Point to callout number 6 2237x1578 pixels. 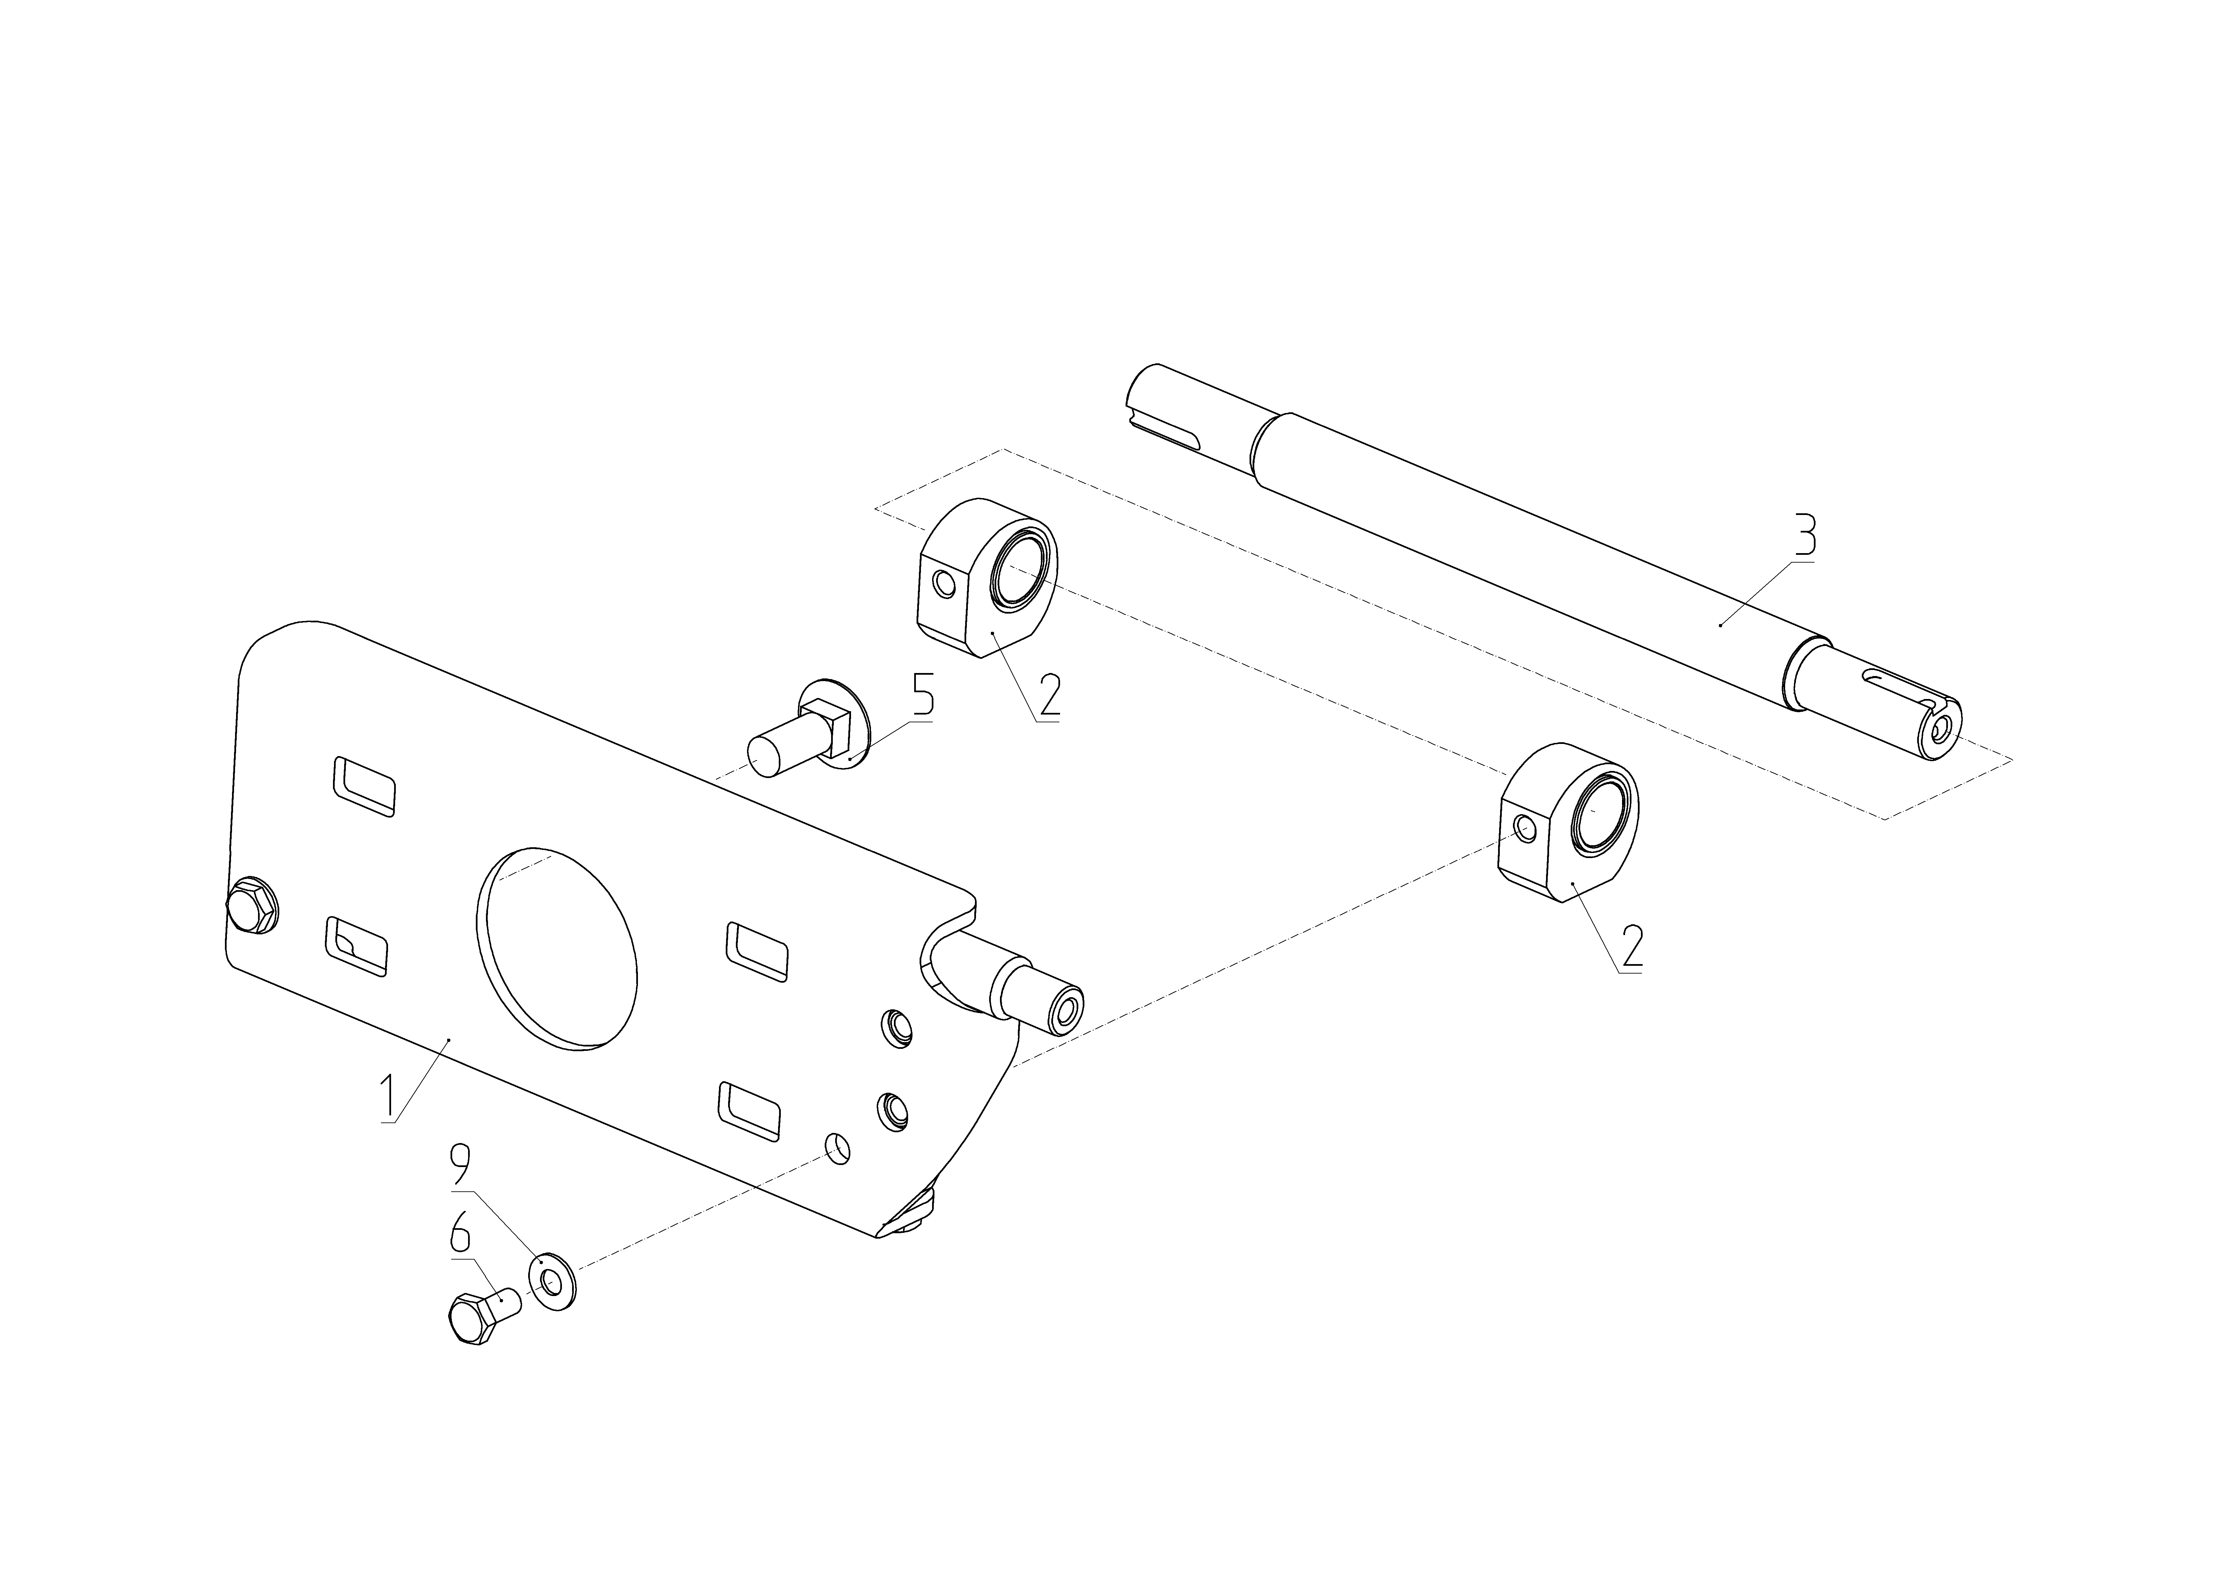point(461,1236)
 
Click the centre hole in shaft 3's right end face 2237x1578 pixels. point(1942,729)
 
